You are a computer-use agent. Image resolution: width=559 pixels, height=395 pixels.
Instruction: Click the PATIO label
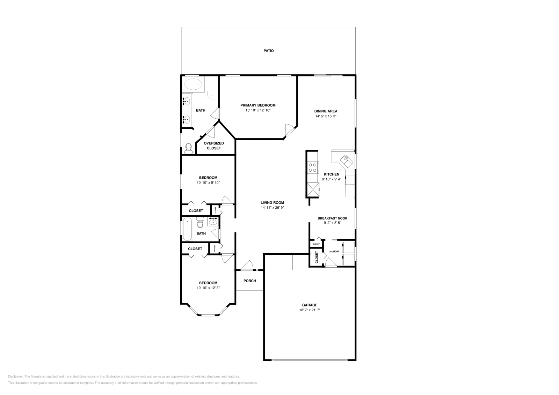[268, 51]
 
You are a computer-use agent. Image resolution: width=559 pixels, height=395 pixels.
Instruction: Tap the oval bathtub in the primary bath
[193, 84]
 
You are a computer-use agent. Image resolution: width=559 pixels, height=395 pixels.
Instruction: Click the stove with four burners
[312, 167]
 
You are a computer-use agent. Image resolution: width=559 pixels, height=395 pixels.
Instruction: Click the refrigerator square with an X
[313, 190]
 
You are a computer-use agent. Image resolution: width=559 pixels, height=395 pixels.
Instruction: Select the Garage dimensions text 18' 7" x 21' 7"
[310, 310]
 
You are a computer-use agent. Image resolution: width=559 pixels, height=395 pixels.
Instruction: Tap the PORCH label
[249, 281]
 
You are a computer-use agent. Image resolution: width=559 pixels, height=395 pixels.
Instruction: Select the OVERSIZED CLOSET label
[213, 146]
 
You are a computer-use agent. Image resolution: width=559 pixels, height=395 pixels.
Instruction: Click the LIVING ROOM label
[272, 202]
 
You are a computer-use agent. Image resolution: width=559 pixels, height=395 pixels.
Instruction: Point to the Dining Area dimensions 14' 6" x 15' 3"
[325, 116]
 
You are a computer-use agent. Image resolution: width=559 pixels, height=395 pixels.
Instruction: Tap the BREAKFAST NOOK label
[332, 218]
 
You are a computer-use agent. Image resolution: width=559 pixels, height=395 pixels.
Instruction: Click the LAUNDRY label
[334, 252]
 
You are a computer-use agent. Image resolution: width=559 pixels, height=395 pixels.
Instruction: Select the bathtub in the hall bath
[188, 229]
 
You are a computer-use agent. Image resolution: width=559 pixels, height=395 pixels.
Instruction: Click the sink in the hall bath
[212, 221]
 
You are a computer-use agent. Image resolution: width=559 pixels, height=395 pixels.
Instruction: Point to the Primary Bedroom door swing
[289, 130]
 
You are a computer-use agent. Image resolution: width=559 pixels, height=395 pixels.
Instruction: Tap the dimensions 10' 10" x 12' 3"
[208, 288]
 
